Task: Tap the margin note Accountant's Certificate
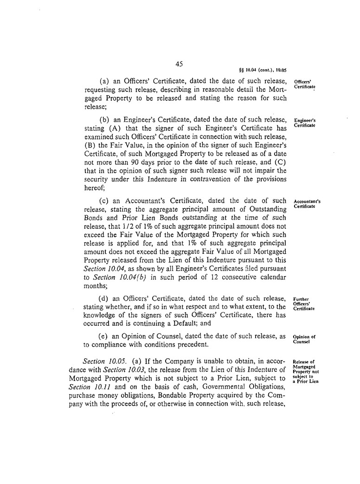(308, 204)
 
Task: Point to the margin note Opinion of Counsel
(304, 339)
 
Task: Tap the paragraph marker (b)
(104, 122)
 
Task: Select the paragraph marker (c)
(104, 201)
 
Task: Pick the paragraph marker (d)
(104, 298)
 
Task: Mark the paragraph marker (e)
(104, 336)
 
